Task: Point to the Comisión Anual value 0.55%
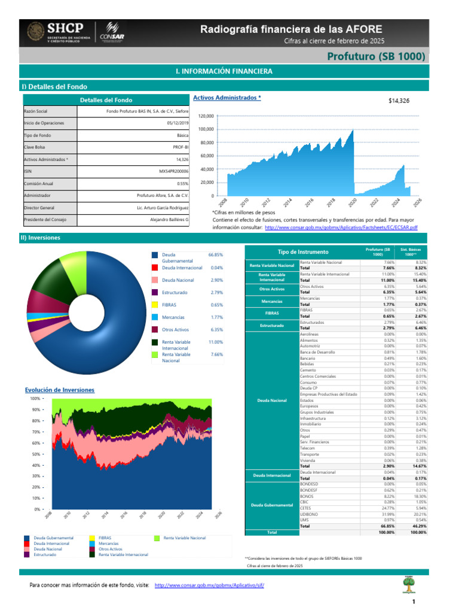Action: pyautogui.click(x=182, y=183)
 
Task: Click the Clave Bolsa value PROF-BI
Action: pyautogui.click(x=180, y=147)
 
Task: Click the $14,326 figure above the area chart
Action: pyautogui.click(x=399, y=101)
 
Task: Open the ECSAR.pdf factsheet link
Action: pyautogui.click(x=341, y=227)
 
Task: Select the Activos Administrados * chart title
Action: pyautogui.click(x=227, y=97)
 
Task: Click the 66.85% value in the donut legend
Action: pyautogui.click(x=215, y=255)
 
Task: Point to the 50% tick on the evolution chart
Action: pyautogui.click(x=35, y=454)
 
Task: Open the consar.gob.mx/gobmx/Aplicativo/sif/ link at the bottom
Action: pyautogui.click(x=209, y=585)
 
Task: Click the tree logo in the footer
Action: pyautogui.click(x=409, y=585)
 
